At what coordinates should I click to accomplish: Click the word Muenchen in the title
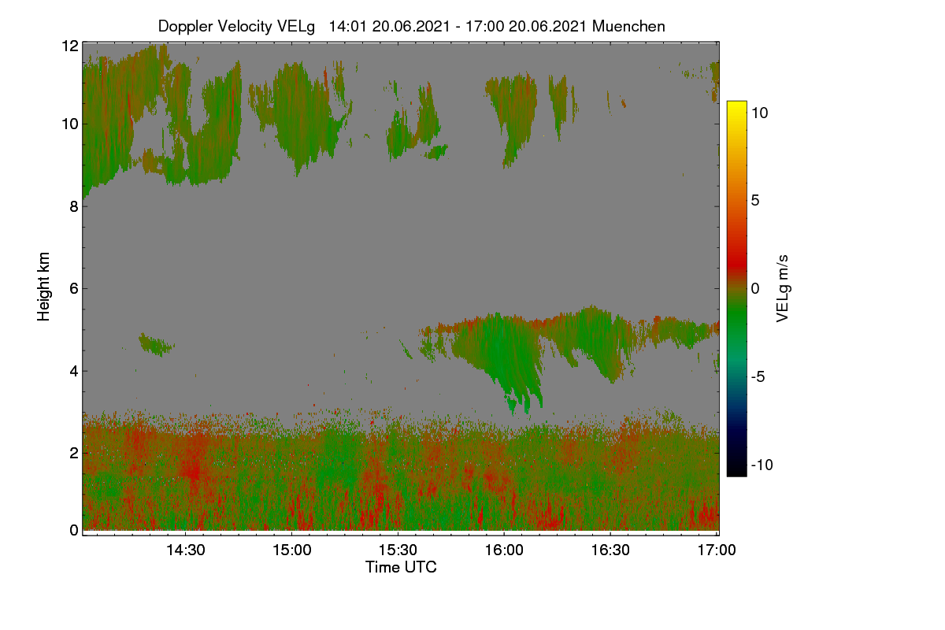tap(628, 27)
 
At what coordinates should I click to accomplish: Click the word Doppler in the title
tap(186, 27)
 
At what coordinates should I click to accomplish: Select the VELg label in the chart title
tap(296, 27)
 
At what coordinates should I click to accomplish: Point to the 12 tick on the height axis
tap(70, 46)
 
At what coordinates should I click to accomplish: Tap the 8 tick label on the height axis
tap(74, 207)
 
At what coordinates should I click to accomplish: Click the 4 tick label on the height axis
tap(74, 372)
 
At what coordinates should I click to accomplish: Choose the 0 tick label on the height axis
tap(74, 531)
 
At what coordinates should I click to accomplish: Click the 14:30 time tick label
tap(186, 550)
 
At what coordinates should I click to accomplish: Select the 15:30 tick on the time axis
tap(398, 550)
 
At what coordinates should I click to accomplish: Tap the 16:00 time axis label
tap(504, 550)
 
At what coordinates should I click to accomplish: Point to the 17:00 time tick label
tap(717, 550)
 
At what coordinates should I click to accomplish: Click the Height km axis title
tap(43, 287)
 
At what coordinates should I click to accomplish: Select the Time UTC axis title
tap(401, 568)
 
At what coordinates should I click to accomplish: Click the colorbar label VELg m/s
tap(783, 289)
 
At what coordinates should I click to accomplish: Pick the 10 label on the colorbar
tap(759, 113)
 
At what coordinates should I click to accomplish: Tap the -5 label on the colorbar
tap(758, 376)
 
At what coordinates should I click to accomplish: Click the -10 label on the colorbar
tap(762, 465)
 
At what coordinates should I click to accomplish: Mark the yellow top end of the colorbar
tap(736, 102)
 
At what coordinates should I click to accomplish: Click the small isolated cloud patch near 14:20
tap(156, 345)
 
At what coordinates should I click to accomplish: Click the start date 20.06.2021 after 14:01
tap(411, 27)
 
